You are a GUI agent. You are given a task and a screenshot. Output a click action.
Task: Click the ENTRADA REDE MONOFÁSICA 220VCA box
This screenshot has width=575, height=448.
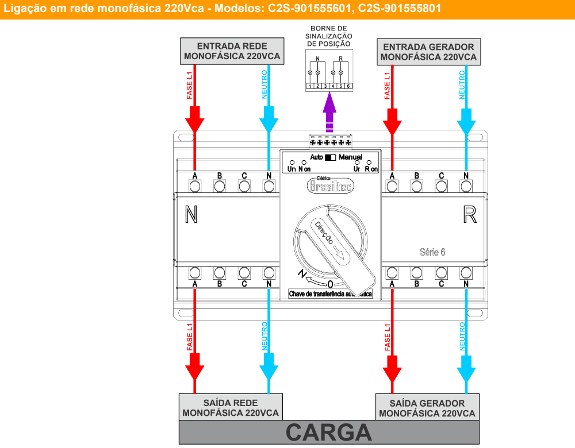tap(232, 51)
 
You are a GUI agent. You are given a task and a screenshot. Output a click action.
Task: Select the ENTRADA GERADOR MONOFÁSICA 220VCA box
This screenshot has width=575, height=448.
tap(428, 52)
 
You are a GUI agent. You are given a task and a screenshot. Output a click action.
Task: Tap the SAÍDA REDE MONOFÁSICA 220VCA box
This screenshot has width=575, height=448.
tap(231, 408)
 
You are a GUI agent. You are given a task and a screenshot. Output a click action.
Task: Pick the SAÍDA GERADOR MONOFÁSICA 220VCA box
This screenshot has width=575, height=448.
tap(427, 408)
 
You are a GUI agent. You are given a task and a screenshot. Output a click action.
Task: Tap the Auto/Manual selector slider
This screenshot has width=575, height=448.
tap(330, 157)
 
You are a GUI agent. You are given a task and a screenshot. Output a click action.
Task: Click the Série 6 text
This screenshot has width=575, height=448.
tap(432, 252)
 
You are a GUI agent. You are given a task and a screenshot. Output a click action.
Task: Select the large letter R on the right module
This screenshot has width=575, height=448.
tap(470, 215)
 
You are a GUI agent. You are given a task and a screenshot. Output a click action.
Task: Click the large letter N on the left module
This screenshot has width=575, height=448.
tap(191, 215)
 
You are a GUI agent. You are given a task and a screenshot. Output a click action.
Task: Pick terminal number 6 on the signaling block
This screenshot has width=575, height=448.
tap(348, 86)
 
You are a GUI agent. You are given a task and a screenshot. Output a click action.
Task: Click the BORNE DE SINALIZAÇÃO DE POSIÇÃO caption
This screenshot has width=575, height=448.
tap(329, 36)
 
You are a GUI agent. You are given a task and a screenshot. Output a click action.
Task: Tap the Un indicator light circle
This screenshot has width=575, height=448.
tap(292, 163)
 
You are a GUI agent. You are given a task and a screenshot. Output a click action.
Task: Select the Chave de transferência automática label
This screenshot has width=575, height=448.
tap(330, 294)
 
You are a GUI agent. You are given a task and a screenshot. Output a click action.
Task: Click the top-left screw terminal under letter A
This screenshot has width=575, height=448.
tap(195, 186)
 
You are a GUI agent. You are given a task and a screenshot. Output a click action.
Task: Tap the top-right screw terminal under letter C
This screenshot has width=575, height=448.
tap(441, 186)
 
